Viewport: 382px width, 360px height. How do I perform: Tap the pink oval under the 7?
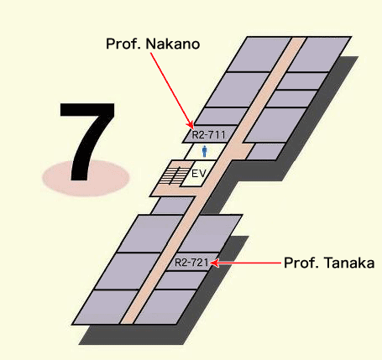[86, 178]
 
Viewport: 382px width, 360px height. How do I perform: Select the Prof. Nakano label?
[153, 44]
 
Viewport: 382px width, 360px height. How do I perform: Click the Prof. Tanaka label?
[329, 263]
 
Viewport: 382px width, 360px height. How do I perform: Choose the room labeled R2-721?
[191, 262]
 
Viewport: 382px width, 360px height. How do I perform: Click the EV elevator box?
[198, 174]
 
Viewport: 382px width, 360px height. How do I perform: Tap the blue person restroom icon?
[205, 151]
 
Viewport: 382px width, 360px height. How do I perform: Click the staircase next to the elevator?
[174, 175]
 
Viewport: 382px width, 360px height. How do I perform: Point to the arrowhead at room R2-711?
[191, 125]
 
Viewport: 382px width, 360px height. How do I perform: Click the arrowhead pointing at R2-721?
[214, 263]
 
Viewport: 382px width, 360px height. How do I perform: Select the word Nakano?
[173, 44]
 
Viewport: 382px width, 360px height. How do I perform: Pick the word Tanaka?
[349, 263]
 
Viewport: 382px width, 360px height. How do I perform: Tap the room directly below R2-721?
[181, 280]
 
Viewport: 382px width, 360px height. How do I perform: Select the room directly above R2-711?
[221, 116]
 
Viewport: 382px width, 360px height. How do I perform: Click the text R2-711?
[208, 135]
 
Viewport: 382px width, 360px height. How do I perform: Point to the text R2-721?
[191, 263]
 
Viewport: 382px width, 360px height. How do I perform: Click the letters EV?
[199, 174]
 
